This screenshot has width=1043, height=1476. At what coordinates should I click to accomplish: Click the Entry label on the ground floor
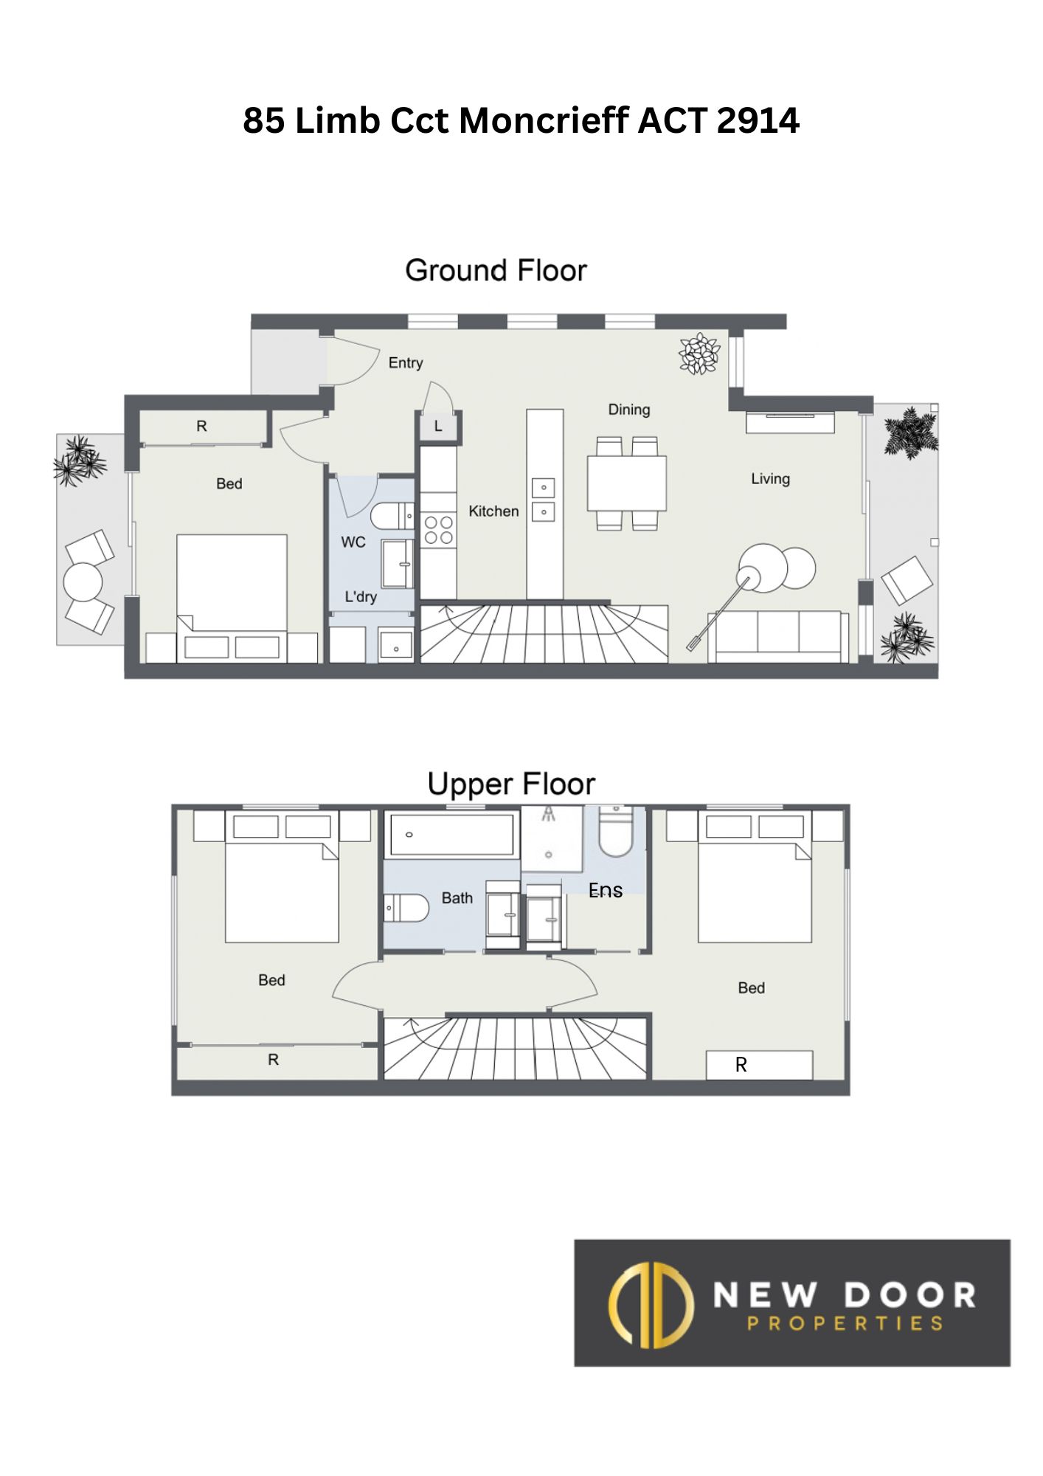pyautogui.click(x=406, y=362)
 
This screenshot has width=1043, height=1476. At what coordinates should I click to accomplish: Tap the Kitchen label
pyautogui.click(x=493, y=511)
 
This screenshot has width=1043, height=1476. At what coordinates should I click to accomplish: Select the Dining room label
pyautogui.click(x=629, y=410)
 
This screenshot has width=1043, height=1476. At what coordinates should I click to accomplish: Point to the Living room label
pyautogui.click(x=770, y=479)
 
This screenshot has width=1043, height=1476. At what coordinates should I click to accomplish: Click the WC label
pyautogui.click(x=353, y=542)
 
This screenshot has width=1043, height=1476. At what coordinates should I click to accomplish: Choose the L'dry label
pyautogui.click(x=361, y=596)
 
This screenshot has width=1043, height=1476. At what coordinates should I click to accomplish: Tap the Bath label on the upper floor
pyautogui.click(x=457, y=898)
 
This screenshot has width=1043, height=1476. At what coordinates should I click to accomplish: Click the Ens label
pyautogui.click(x=606, y=891)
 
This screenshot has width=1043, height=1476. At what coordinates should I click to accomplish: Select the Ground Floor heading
pyautogui.click(x=496, y=271)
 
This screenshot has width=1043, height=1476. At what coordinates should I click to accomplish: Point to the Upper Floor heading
pyautogui.click(x=511, y=784)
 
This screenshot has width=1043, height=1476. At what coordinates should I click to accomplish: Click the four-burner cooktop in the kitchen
pyautogui.click(x=438, y=530)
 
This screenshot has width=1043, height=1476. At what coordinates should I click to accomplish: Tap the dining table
pyautogui.click(x=627, y=483)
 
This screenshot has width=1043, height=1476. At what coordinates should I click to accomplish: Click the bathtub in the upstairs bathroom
pyautogui.click(x=451, y=834)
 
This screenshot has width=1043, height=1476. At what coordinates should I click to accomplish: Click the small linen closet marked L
pyautogui.click(x=438, y=426)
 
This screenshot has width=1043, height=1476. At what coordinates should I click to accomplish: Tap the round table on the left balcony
pyautogui.click(x=83, y=582)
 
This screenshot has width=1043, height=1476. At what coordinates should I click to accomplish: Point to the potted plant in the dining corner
pyautogui.click(x=699, y=354)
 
